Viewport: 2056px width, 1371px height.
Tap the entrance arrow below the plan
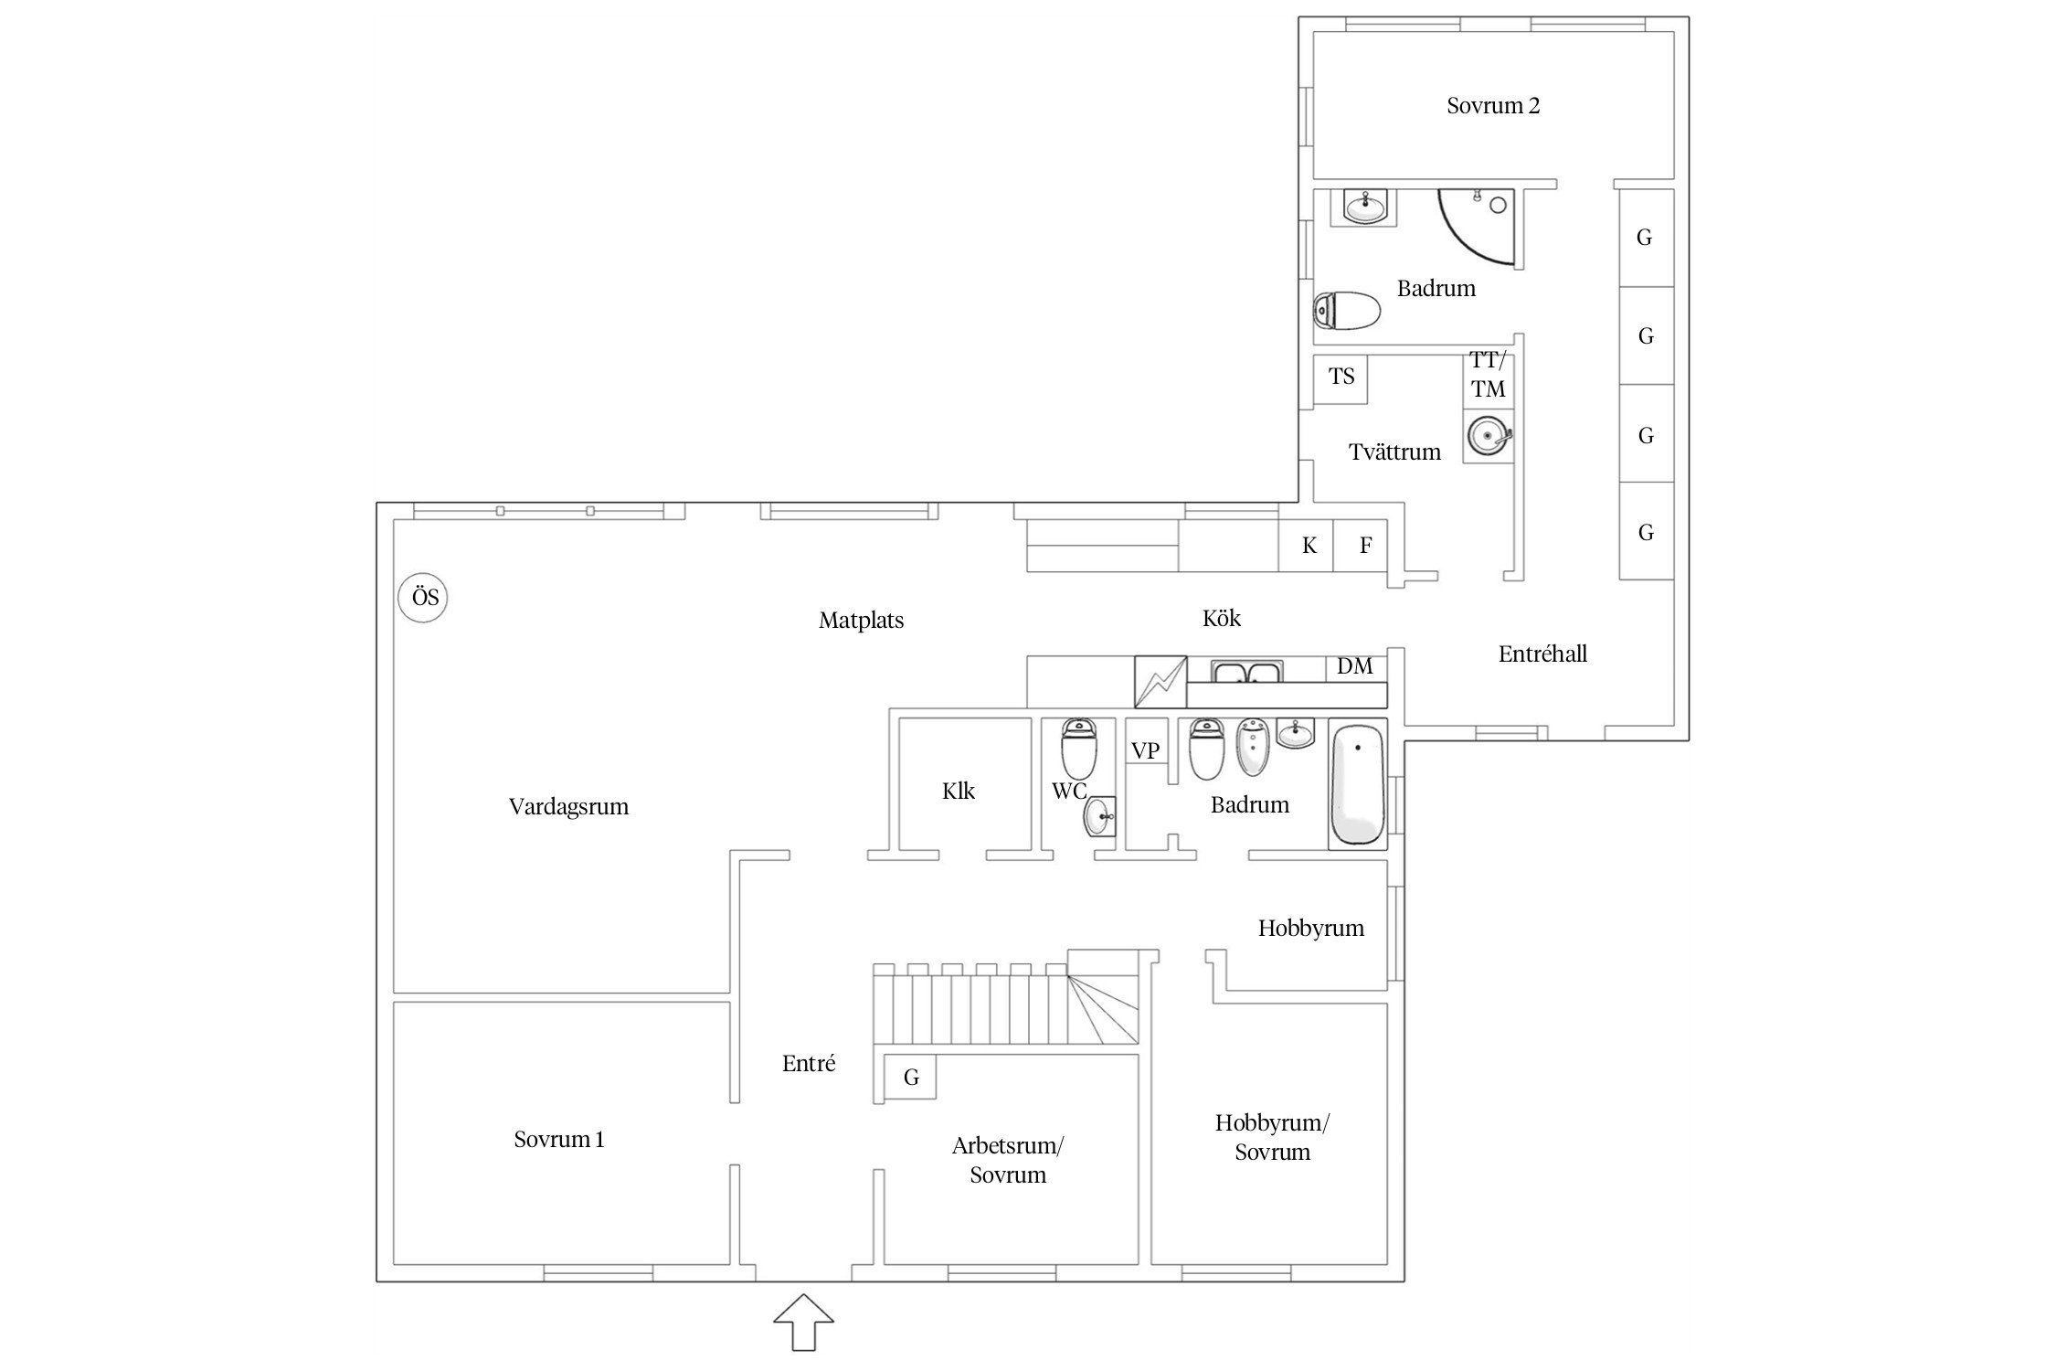(x=804, y=1321)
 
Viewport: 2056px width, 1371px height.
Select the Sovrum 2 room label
(x=1493, y=106)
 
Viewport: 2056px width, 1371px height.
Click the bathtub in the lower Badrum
(x=1358, y=785)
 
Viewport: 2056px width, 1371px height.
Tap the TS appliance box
(x=1341, y=379)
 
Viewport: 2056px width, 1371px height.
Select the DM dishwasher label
(x=1355, y=667)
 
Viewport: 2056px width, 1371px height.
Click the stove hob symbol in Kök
(x=1160, y=682)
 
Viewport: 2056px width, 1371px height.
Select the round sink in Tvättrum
(x=1488, y=437)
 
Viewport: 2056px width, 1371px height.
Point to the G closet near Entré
(x=910, y=1079)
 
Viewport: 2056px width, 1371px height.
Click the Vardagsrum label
(x=568, y=807)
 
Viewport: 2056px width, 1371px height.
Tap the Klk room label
(x=959, y=791)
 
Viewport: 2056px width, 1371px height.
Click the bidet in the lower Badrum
(x=1253, y=746)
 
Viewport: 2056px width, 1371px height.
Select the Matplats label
(x=861, y=621)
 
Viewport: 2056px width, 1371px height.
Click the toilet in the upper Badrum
(x=1347, y=311)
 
